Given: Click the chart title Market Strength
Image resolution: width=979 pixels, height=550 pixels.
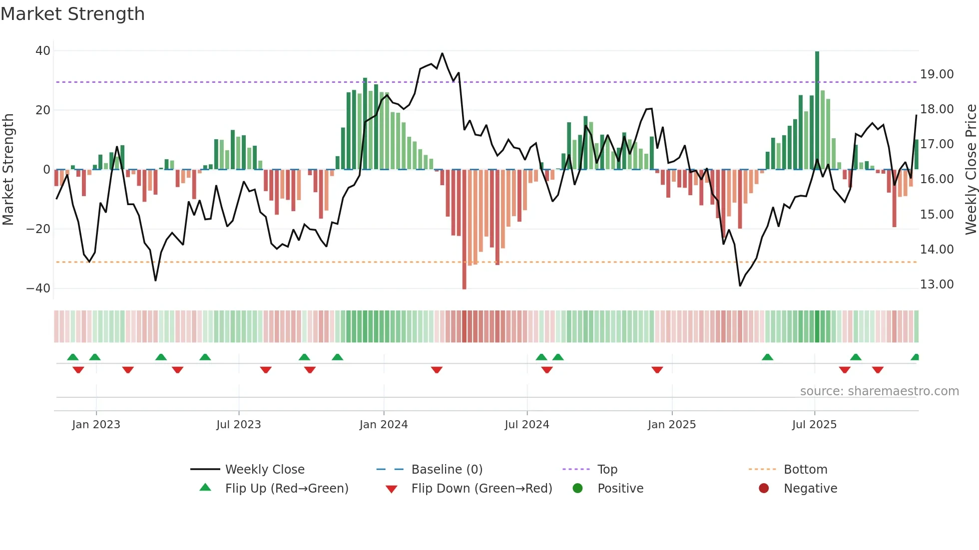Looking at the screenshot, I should (x=73, y=14).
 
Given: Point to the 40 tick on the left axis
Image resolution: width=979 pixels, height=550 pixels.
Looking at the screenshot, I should (x=43, y=50).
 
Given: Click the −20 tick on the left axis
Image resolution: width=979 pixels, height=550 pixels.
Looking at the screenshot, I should (x=38, y=229).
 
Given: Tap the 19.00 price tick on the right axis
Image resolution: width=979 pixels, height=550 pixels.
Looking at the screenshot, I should (x=937, y=74).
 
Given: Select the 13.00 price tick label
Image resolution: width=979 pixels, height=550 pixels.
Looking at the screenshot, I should (x=937, y=284).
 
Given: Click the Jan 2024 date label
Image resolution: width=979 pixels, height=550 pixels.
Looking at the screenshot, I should (x=383, y=425).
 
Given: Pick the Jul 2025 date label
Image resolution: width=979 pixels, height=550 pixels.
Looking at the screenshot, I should (x=814, y=425).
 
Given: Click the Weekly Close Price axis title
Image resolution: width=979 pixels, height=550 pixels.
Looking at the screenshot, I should (x=971, y=170).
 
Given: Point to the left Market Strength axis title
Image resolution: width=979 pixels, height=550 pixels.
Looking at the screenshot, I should (x=8, y=170).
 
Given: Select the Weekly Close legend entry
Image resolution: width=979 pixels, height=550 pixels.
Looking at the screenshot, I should (x=264, y=470).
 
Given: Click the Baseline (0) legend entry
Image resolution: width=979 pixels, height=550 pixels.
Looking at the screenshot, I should (x=447, y=470).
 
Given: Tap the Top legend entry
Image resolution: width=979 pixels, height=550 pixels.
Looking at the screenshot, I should (x=607, y=470).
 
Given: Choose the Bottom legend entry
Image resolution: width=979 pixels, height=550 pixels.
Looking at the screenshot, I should (x=805, y=470).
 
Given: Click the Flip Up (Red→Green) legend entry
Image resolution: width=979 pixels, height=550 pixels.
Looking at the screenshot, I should (x=286, y=489).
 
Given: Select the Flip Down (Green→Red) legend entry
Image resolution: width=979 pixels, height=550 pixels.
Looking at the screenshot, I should (x=482, y=489).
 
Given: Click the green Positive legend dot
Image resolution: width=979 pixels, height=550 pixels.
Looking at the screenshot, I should (x=577, y=489).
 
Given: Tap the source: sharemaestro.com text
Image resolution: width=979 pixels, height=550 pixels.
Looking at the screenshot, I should (x=879, y=391).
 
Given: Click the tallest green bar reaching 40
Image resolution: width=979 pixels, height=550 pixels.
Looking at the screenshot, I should (x=817, y=110).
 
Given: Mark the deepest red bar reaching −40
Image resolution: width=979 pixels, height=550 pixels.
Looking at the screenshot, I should (x=464, y=230).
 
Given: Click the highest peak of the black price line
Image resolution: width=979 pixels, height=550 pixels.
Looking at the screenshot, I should (x=442, y=53).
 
